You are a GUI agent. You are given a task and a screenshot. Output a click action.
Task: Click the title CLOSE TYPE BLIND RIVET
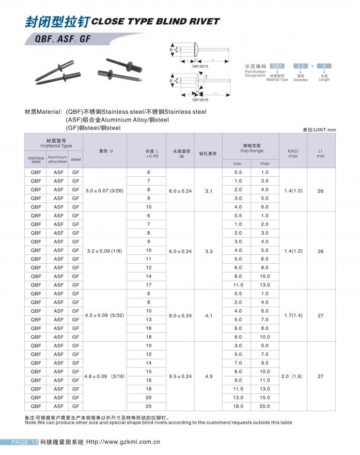click(x=155, y=22)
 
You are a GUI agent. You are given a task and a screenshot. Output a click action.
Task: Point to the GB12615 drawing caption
click(x=200, y=66)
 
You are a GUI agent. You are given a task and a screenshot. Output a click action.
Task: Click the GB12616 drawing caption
click(x=200, y=100)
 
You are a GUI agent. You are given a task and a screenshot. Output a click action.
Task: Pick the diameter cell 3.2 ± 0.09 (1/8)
click(x=105, y=251)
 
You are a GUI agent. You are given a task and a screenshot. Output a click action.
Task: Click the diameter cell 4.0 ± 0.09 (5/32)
click(x=105, y=315)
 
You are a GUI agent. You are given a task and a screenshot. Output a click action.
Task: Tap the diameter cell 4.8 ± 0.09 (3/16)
click(x=105, y=376)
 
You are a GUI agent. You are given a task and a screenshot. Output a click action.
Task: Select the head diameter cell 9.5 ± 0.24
click(x=180, y=376)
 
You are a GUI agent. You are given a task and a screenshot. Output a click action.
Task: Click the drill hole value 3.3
click(x=209, y=251)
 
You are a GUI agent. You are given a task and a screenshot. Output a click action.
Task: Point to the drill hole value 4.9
click(x=209, y=376)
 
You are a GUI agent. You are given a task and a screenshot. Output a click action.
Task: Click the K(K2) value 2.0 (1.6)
click(x=293, y=376)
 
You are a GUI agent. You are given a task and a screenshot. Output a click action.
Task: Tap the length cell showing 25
click(x=148, y=406)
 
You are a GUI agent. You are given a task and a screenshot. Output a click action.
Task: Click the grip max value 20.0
click(x=264, y=406)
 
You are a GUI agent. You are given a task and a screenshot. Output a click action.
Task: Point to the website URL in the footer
click(x=123, y=442)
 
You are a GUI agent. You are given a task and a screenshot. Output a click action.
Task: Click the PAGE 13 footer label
click(x=25, y=442)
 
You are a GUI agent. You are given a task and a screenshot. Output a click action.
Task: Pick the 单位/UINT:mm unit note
click(x=319, y=129)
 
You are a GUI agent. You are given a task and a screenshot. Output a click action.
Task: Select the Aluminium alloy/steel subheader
click(x=57, y=159)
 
